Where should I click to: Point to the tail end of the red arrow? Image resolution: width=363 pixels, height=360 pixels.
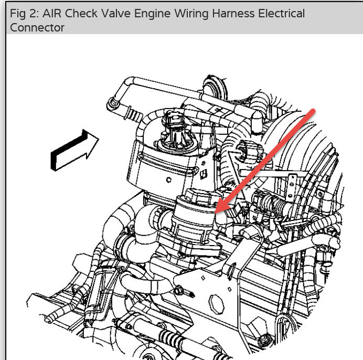(314, 111)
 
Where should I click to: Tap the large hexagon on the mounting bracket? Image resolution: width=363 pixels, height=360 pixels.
(216, 304)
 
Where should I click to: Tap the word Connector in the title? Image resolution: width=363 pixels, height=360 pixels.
(37, 28)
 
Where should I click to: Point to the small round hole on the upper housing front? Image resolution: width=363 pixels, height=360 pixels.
(168, 180)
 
